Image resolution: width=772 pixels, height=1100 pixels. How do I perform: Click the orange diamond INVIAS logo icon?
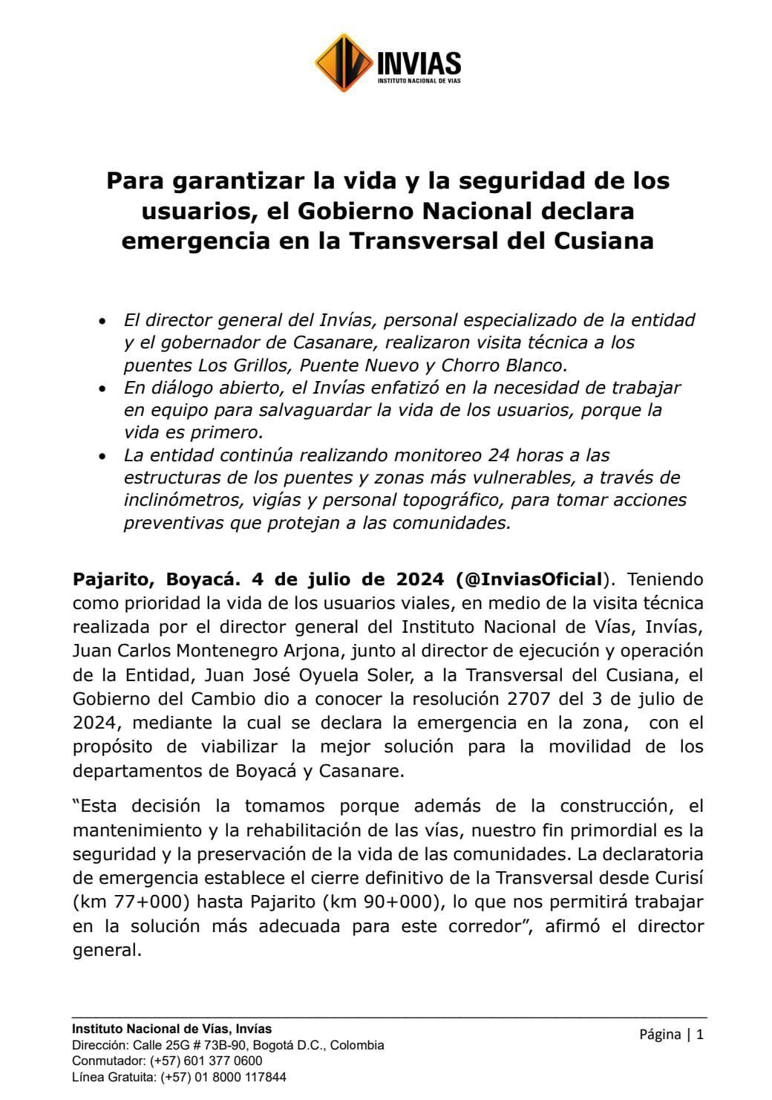(x=343, y=63)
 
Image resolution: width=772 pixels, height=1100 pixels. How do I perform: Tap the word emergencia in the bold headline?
(x=193, y=241)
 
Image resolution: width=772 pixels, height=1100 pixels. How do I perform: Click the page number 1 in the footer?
(x=699, y=1034)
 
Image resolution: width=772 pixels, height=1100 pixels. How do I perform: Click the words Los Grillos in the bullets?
(x=239, y=365)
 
